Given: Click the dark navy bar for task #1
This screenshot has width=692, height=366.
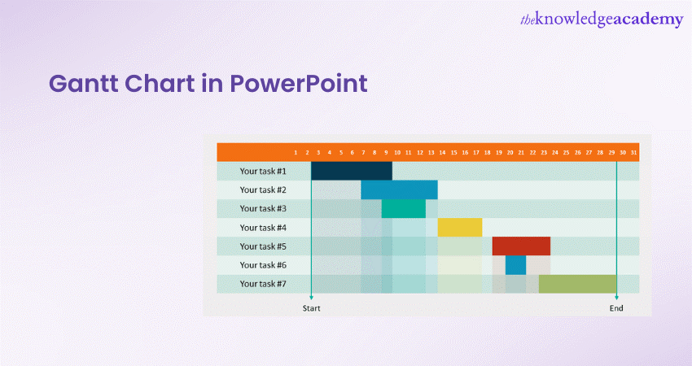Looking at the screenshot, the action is [352, 171].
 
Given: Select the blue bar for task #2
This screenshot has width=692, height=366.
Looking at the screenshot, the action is [400, 190].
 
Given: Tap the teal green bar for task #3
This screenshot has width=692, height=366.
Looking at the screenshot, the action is [404, 208].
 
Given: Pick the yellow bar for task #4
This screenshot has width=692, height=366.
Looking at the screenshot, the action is [460, 228].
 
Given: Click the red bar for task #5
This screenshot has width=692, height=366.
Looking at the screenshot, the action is [521, 246].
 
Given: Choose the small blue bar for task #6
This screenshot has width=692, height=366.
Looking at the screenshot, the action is [516, 265].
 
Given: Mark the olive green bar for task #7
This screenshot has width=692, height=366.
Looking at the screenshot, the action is [578, 284].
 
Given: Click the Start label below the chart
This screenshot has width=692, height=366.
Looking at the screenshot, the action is [311, 308].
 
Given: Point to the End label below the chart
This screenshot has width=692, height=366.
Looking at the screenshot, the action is [616, 308].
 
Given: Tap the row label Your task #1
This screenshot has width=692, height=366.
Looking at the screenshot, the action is [263, 171].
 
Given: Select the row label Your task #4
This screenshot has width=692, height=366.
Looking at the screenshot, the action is [263, 228].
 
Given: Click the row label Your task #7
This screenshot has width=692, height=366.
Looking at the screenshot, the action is [263, 284].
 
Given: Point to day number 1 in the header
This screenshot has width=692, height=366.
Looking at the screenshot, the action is [296, 153].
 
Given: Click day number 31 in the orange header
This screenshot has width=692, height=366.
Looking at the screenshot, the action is [633, 153].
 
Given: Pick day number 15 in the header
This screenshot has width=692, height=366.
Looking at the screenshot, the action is [453, 153].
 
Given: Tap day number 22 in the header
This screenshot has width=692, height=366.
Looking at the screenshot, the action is [532, 153].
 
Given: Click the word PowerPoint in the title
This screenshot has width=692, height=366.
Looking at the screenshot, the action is [299, 83].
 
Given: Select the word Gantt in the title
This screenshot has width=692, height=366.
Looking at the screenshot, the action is [84, 83].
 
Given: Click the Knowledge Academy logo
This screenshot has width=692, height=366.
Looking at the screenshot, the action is [602, 20].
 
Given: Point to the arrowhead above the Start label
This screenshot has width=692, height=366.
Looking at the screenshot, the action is [311, 298].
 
